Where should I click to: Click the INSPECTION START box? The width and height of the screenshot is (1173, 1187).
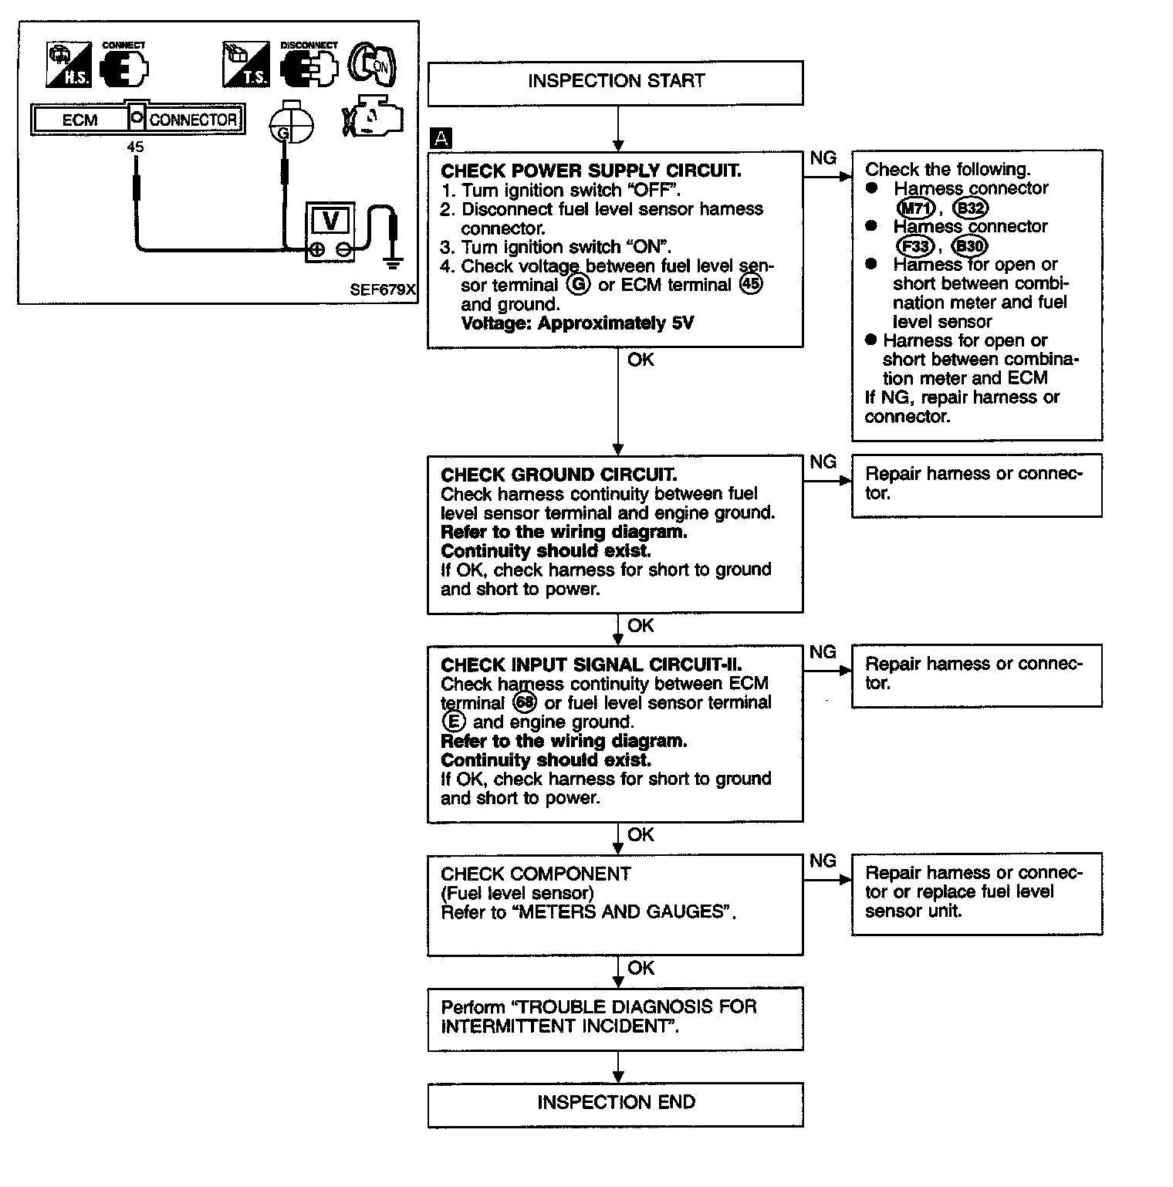pyautogui.click(x=615, y=82)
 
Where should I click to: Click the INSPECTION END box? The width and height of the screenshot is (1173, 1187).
pyautogui.click(x=615, y=1103)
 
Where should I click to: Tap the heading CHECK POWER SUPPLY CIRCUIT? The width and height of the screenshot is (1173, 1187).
pyautogui.click(x=590, y=171)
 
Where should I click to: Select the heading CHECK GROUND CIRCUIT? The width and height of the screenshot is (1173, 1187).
pyautogui.click(x=558, y=475)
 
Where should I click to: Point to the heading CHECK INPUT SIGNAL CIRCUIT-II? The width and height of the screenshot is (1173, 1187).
pyautogui.click(x=591, y=665)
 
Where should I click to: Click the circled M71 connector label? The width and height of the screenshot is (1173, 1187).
pyautogui.click(x=916, y=208)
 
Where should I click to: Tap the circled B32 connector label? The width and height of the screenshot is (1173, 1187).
pyautogui.click(x=970, y=208)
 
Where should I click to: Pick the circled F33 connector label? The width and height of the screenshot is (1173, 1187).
pyautogui.click(x=915, y=246)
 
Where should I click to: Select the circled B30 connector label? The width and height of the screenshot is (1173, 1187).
pyautogui.click(x=969, y=246)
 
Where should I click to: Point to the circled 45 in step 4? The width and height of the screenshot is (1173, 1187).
pyautogui.click(x=749, y=285)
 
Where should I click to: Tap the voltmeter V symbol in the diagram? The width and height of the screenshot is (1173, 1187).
pyautogui.click(x=330, y=221)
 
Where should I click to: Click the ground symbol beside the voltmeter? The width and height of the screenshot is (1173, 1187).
pyautogui.click(x=394, y=262)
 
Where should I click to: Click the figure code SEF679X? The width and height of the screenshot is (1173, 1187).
pyautogui.click(x=382, y=290)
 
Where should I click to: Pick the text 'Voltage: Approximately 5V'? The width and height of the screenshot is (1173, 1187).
pyautogui.click(x=576, y=323)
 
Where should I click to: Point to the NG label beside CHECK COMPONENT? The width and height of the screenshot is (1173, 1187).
pyautogui.click(x=823, y=861)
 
